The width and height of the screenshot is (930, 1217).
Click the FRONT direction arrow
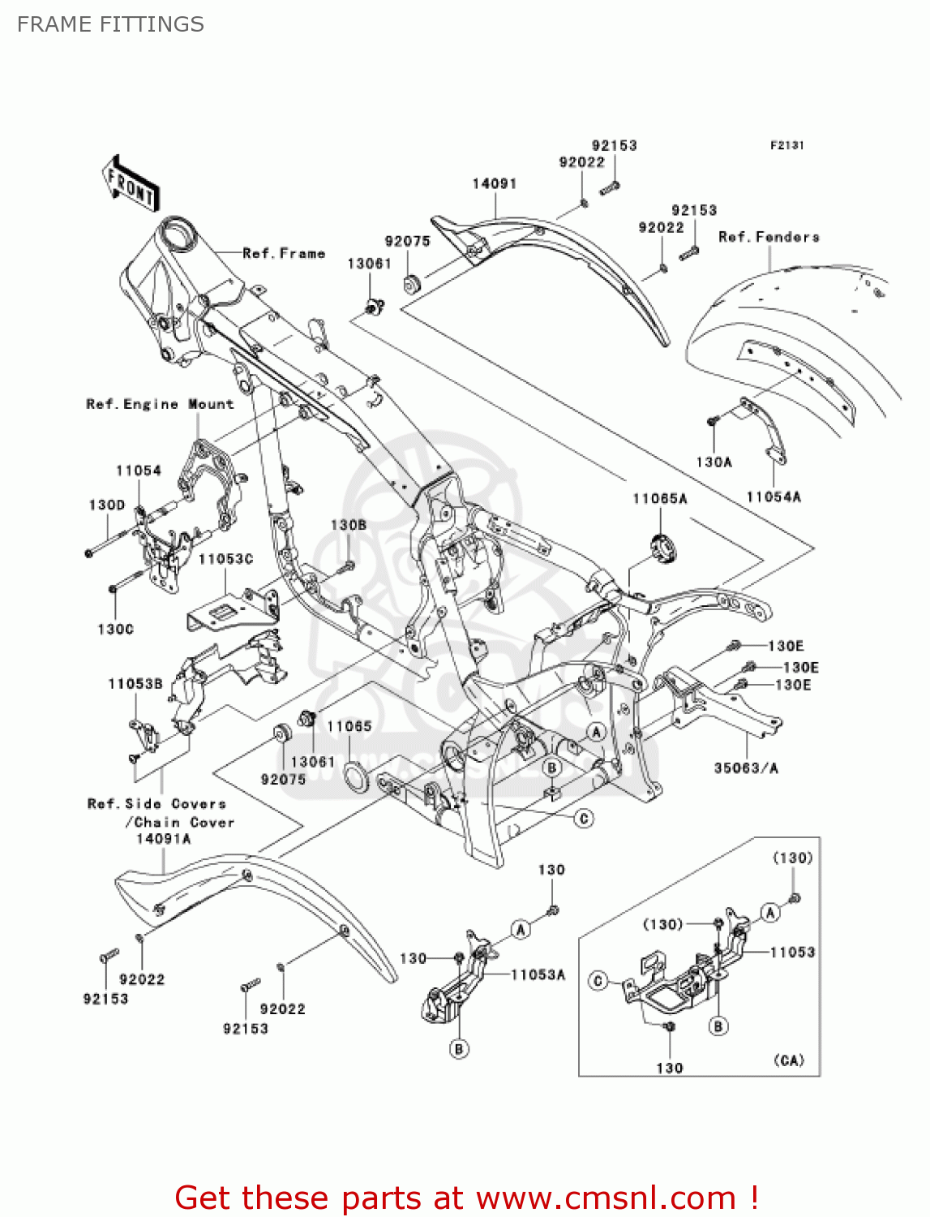click(130, 184)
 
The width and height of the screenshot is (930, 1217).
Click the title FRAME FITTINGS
click(110, 24)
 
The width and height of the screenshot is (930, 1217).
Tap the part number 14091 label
click(494, 183)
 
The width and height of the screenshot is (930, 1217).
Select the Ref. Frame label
click(284, 253)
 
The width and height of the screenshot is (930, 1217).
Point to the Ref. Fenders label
click(769, 237)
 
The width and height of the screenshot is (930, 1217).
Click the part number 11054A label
click(774, 497)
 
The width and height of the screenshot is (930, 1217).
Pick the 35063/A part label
click(746, 768)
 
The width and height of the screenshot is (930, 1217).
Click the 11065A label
click(659, 498)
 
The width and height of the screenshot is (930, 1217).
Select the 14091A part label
click(163, 839)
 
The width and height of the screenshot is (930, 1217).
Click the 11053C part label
click(225, 559)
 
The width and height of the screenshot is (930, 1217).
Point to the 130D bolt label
click(107, 505)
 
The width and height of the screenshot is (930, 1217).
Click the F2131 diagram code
click(786, 145)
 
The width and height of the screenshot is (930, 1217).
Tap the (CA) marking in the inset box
click(788, 1060)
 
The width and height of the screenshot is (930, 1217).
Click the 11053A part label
click(538, 974)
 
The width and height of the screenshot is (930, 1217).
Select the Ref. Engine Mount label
click(160, 404)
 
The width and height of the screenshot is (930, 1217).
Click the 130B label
click(348, 525)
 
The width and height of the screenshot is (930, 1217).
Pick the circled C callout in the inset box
click(598, 981)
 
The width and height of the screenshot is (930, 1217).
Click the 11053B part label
click(135, 684)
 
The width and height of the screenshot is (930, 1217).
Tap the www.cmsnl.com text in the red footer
click(606, 1198)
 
